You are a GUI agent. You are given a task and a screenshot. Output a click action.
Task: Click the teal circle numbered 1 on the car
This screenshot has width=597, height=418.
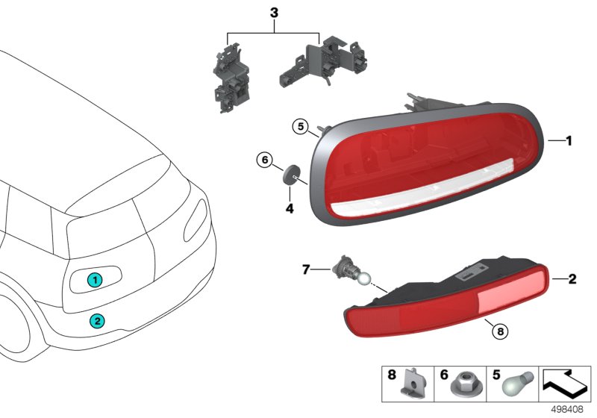[x=94, y=280]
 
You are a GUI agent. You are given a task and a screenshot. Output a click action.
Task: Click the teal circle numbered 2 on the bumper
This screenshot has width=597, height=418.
[x=98, y=322]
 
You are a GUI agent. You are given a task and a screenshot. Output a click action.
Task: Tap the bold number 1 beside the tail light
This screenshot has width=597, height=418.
[x=568, y=140]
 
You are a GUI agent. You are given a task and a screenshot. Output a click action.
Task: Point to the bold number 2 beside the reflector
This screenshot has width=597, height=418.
[x=572, y=281]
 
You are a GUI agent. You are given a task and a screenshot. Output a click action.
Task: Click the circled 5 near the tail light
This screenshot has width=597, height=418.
[x=298, y=128]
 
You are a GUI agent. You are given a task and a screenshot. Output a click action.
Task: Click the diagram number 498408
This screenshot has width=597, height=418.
[x=569, y=409]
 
